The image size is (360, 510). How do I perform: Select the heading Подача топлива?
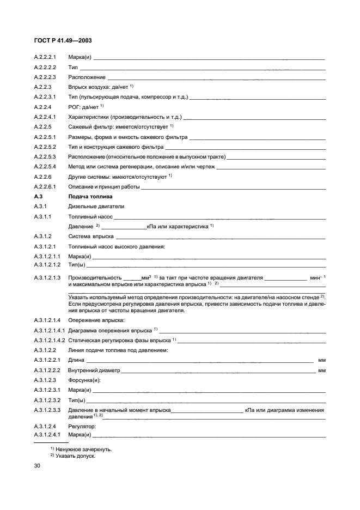(x=90, y=197)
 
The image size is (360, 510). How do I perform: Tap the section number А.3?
(x=38, y=197)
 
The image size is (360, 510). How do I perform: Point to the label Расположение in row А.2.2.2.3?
(x=87, y=77)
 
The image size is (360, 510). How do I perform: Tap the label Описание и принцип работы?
(x=103, y=187)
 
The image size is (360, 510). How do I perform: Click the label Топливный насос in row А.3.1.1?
(x=90, y=216)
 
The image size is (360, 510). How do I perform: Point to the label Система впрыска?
(x=91, y=236)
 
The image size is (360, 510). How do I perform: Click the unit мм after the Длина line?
(x=322, y=361)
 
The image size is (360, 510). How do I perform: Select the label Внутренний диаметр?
(x=94, y=371)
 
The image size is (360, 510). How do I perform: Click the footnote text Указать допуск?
(x=75, y=456)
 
